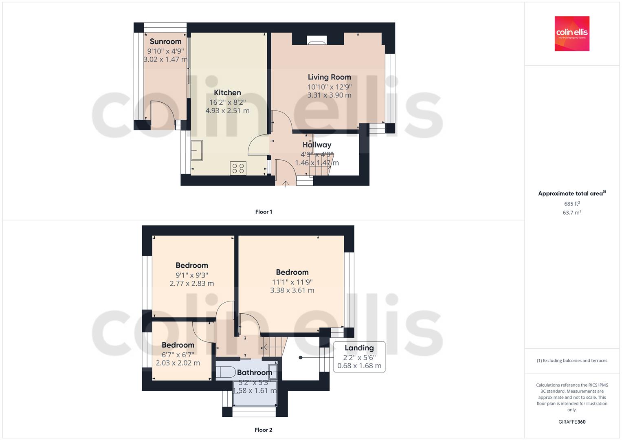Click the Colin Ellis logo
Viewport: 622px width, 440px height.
pyautogui.click(x=572, y=33)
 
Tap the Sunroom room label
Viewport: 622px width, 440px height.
pyautogui.click(x=165, y=42)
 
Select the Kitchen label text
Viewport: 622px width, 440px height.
pyautogui.click(x=227, y=92)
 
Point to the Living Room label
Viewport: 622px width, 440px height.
pyautogui.click(x=329, y=77)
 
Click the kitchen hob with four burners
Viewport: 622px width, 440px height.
pyautogui.click(x=238, y=168)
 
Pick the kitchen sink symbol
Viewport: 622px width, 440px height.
pyautogui.click(x=197, y=150)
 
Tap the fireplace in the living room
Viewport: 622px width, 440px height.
pyautogui.click(x=317, y=40)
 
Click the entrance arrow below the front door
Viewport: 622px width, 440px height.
pyautogui.click(x=286, y=184)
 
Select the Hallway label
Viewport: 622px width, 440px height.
pyautogui.click(x=317, y=145)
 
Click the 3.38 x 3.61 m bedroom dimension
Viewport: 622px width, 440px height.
pyautogui.click(x=292, y=290)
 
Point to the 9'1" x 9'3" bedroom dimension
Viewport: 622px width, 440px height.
pyautogui.click(x=191, y=275)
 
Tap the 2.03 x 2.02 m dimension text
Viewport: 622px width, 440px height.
pyautogui.click(x=178, y=363)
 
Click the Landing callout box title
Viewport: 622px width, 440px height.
pyautogui.click(x=359, y=348)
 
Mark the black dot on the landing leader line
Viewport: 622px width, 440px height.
pyautogui.click(x=301, y=358)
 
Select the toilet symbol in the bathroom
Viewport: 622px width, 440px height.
pyautogui.click(x=226, y=372)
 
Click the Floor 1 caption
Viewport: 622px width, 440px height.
pyautogui.click(x=264, y=212)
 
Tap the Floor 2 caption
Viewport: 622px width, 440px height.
pyautogui.click(x=264, y=430)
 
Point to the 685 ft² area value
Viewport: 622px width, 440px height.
pyautogui.click(x=572, y=204)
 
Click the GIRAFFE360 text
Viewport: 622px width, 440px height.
pyautogui.click(x=572, y=422)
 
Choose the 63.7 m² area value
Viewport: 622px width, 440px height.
pyautogui.click(x=572, y=213)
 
